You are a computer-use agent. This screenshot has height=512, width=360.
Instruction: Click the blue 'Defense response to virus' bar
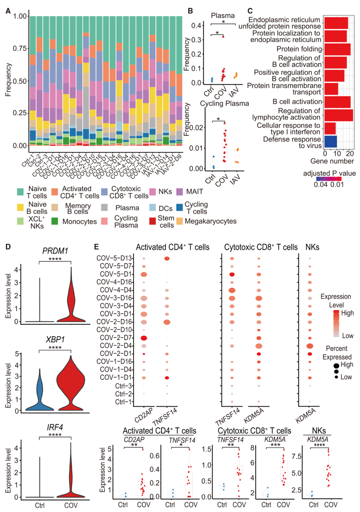pyautogui.click(x=330, y=142)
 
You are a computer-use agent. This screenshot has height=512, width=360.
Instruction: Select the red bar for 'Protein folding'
pyautogui.click(x=337, y=49)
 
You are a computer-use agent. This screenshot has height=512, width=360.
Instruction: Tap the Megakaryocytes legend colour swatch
pyautogui.click(x=180, y=221)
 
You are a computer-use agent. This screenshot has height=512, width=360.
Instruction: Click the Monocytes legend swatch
pyautogui.click(x=55, y=221)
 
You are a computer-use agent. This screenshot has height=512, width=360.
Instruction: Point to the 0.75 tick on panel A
pyautogui.click(x=20, y=48)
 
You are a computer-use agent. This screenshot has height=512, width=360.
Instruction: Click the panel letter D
pyautogui.click(x=8, y=247)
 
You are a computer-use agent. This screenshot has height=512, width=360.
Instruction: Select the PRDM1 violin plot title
pyautogui.click(x=55, y=251)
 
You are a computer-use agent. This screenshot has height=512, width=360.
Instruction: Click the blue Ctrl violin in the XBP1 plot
pyautogui.click(x=40, y=393)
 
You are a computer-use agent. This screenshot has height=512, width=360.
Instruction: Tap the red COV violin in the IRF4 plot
pyautogui.click(x=71, y=480)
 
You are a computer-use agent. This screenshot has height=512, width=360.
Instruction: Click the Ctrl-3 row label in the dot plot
pyautogui.click(x=124, y=386)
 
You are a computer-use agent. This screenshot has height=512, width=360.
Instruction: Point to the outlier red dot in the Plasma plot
pyautogui.click(x=223, y=37)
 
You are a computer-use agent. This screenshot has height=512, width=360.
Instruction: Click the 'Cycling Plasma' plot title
pyautogui.click(x=224, y=103)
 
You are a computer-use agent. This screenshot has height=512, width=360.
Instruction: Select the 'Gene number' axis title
pyautogui.click(x=332, y=161)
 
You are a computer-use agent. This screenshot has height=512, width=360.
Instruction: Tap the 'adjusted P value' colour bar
pyautogui.click(x=329, y=179)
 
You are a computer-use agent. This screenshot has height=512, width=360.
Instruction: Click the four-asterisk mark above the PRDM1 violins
pyautogui.click(x=55, y=259)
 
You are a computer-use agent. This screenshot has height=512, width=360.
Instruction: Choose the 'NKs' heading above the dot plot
pyautogui.click(x=312, y=247)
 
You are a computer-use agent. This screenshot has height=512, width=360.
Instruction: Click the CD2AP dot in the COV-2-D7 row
pyautogui.click(x=144, y=338)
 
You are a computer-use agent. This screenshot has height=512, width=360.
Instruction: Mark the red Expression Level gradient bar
pyautogui.click(x=336, y=323)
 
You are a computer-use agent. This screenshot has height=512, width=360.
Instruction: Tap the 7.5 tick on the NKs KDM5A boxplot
pyautogui.click(x=297, y=456)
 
